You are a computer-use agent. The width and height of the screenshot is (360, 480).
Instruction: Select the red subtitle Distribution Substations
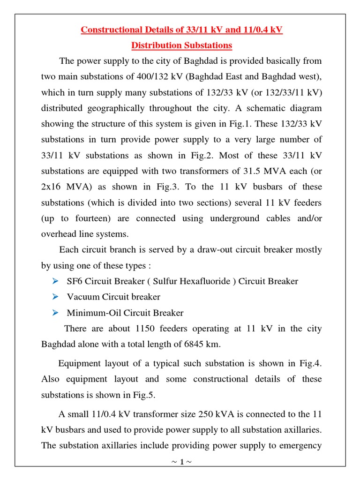[181, 45]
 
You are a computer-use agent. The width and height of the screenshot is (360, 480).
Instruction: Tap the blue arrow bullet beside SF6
[55, 281]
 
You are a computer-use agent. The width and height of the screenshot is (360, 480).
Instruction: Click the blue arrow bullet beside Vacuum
[55, 297]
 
